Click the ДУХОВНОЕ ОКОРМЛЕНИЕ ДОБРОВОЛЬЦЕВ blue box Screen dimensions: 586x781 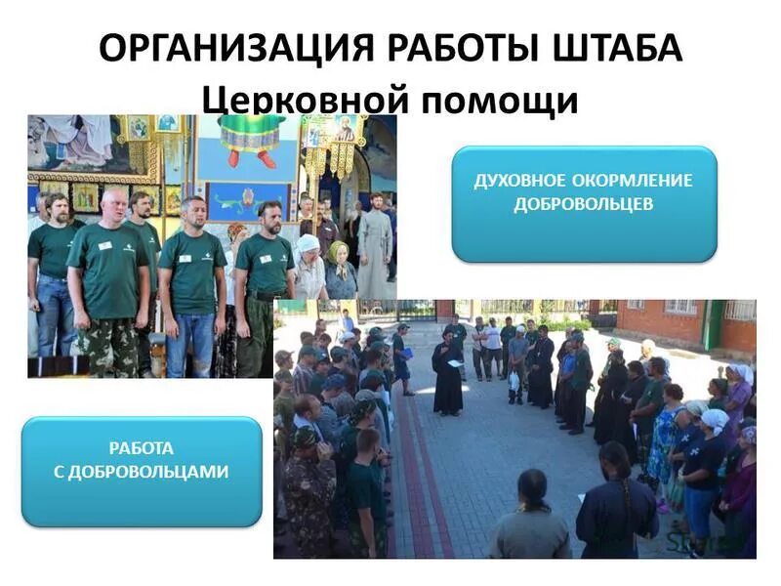[x=584, y=202]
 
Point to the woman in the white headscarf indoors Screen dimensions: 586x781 [x=309, y=266]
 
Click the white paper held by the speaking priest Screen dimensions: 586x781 [x=454, y=363]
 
